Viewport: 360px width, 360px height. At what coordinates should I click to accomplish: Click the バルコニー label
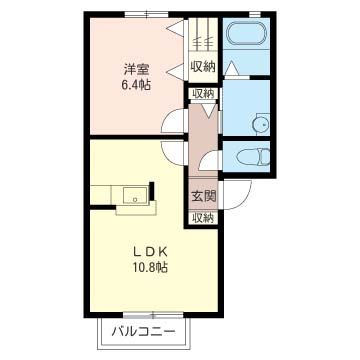pyautogui.click(x=145, y=332)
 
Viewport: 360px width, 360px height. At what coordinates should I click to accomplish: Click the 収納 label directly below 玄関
pyautogui.click(x=202, y=217)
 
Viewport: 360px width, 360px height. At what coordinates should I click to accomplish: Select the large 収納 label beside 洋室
pyautogui.click(x=203, y=67)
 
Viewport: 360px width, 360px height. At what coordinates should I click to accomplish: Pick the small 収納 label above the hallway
pyautogui.click(x=202, y=93)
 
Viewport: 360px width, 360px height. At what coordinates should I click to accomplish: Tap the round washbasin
pyautogui.click(x=259, y=124)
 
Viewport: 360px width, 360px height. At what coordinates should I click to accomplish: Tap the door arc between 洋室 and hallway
pyautogui.click(x=174, y=125)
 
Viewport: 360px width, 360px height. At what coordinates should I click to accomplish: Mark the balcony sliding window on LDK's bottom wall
pyautogui.click(x=153, y=315)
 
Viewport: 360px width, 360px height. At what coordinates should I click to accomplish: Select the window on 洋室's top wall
pyautogui.click(x=153, y=14)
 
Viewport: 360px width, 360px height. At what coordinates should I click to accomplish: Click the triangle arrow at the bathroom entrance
pyautogui.click(x=230, y=68)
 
